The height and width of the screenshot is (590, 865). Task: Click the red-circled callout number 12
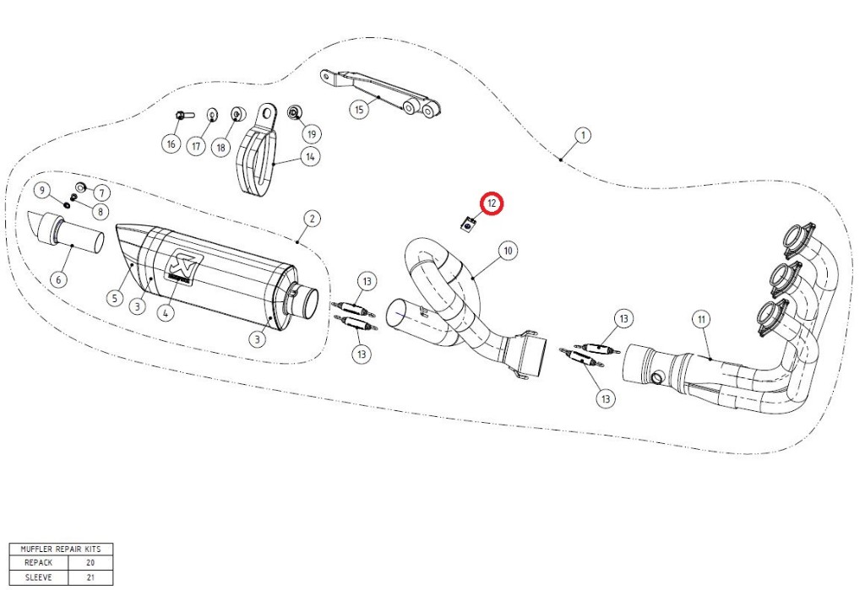click(491, 203)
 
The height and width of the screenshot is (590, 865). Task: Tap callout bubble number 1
click(583, 135)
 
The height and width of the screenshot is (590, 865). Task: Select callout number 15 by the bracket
click(358, 109)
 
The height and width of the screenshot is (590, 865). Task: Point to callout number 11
click(701, 319)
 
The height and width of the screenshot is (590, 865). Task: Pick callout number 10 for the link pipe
click(508, 251)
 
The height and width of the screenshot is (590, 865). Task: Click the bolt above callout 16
click(183, 116)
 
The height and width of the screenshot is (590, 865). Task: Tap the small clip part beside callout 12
click(468, 225)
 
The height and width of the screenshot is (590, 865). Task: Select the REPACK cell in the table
click(39, 563)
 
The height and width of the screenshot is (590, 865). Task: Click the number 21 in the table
click(90, 577)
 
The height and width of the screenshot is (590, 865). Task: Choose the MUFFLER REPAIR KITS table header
click(61, 549)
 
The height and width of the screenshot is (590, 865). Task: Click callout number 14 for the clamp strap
click(311, 157)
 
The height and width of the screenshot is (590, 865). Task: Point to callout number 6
click(59, 279)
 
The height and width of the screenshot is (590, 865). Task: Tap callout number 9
click(41, 191)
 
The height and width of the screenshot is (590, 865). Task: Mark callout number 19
click(312, 134)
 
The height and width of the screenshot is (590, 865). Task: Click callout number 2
click(312, 219)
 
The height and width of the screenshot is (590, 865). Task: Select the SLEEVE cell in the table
click(39, 577)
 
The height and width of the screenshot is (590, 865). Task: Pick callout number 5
click(114, 298)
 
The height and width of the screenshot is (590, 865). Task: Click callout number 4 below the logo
click(166, 313)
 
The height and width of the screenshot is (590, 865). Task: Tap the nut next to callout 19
click(294, 112)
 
